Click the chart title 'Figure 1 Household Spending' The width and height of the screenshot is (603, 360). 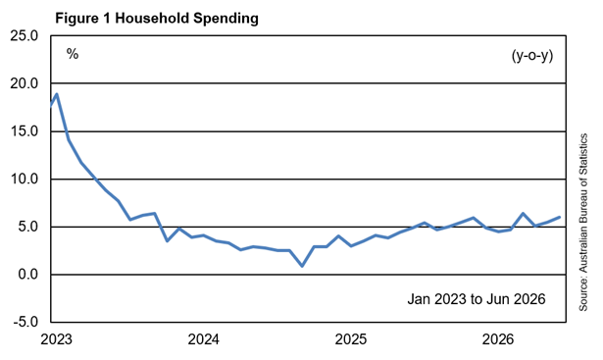tap(157, 18)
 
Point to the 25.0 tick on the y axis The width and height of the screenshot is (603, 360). tap(25, 35)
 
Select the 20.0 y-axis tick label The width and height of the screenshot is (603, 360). tap(25, 83)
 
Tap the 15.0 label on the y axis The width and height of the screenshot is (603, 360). tap(25, 131)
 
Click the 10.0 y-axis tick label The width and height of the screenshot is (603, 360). tap(25, 179)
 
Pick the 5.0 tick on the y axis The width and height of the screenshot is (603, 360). tap(27, 227)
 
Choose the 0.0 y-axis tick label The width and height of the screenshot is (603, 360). tap(27, 275)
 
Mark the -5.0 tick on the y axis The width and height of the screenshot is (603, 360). tap(25, 322)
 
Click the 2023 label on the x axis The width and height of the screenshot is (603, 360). tap(56, 339)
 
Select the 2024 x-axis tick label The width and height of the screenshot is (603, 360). tap(203, 339)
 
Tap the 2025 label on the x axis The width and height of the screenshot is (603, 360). tap(351, 339)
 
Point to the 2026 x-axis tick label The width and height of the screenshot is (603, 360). tap(498, 339)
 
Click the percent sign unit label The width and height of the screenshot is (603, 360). tap(73, 54)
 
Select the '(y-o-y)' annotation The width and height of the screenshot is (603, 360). tap(532, 56)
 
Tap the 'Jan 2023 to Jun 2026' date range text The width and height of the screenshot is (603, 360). tap(477, 299)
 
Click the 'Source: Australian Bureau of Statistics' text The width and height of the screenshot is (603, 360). tap(583, 223)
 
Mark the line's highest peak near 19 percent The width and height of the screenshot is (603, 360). tap(57, 94)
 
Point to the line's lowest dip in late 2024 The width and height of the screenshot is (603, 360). tap(302, 266)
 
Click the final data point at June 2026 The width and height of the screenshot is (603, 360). tap(560, 217)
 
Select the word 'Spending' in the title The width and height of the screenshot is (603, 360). tap(226, 19)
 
